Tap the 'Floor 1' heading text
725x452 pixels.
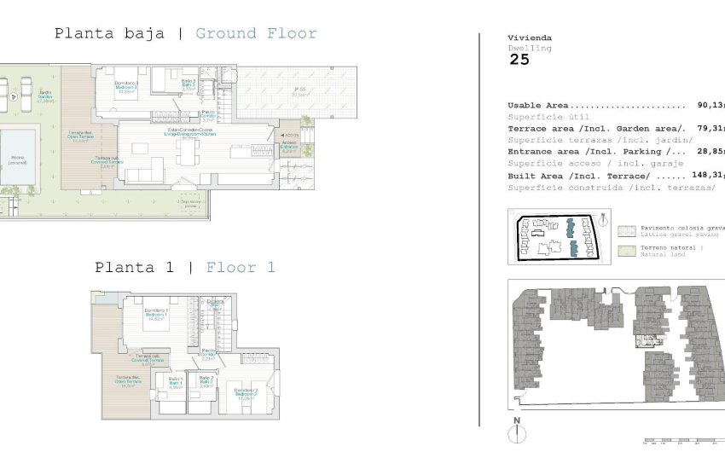click(x=241, y=268)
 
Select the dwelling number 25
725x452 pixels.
click(x=519, y=60)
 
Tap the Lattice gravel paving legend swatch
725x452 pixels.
click(x=627, y=230)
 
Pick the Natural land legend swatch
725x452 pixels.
click(x=627, y=250)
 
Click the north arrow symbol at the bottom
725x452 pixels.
click(x=516, y=432)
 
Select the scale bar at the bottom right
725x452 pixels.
click(x=682, y=441)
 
